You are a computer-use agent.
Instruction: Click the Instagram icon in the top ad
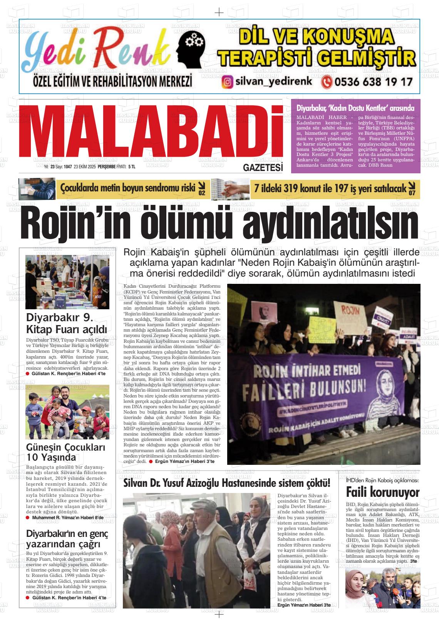(x=228, y=82)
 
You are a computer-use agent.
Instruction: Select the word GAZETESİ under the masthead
(x=263, y=167)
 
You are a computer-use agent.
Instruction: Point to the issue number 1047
(x=68, y=167)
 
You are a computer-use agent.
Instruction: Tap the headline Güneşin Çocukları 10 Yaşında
(x=65, y=453)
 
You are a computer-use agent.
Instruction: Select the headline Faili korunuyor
(x=382, y=492)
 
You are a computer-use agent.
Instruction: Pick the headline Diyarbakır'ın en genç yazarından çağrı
(x=67, y=539)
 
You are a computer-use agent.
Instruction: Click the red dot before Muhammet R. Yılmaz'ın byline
(x=28, y=518)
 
